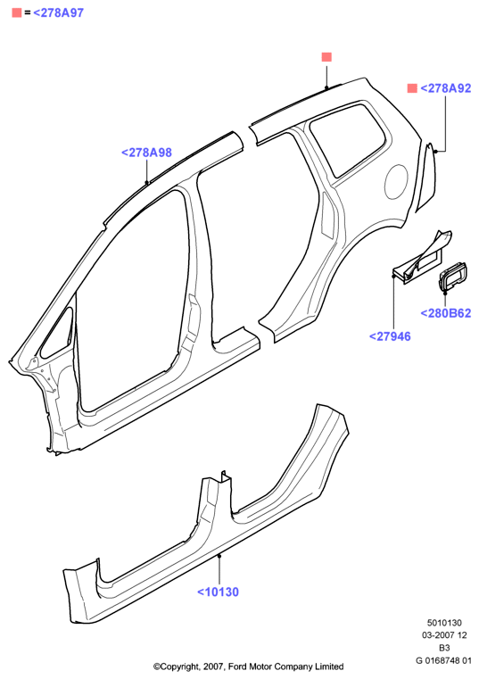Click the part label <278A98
(146, 153)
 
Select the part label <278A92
(446, 88)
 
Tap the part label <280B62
(446, 313)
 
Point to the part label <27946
(390, 336)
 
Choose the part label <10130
(218, 592)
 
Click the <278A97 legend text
(59, 13)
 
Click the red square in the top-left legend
(17, 13)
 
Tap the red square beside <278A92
(412, 88)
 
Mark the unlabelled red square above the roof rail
(326, 57)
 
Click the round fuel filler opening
(396, 182)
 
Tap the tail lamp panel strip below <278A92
(426, 177)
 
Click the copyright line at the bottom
(249, 667)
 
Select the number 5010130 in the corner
(444, 623)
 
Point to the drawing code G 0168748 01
(443, 660)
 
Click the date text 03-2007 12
(444, 635)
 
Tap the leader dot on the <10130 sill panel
(219, 556)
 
